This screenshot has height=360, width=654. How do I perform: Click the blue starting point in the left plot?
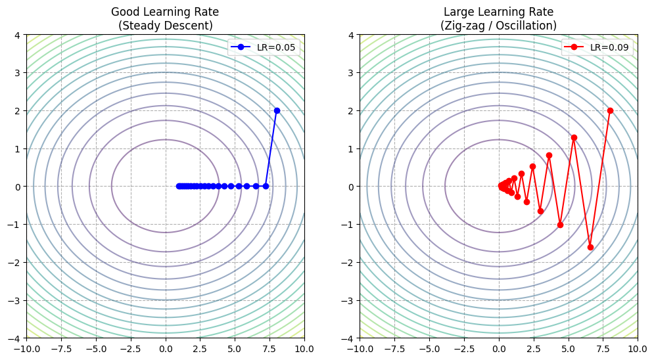[x=277, y=110]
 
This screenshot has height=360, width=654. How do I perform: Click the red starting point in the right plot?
[x=610, y=110]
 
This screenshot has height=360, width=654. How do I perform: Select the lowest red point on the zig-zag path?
[x=590, y=247]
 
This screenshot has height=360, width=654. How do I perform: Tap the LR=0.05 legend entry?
[x=264, y=47]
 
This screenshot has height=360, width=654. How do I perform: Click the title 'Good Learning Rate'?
[x=166, y=12]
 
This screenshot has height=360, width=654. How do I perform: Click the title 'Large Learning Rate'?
[x=499, y=12]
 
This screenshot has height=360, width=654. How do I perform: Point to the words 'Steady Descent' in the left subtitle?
[x=166, y=26]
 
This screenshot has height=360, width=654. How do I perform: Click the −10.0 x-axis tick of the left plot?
[x=27, y=348]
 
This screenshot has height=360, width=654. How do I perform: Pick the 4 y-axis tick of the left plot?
[x=19, y=35]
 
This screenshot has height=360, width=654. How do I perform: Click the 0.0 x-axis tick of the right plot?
[x=499, y=348]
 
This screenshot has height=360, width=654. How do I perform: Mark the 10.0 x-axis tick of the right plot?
[x=637, y=348]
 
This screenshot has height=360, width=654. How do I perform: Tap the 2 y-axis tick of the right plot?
[x=352, y=110]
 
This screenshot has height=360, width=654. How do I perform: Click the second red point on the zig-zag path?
[x=590, y=247]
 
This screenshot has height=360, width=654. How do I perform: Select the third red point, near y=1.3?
[x=574, y=137]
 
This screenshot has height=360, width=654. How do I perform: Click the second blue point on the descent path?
[x=266, y=186]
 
